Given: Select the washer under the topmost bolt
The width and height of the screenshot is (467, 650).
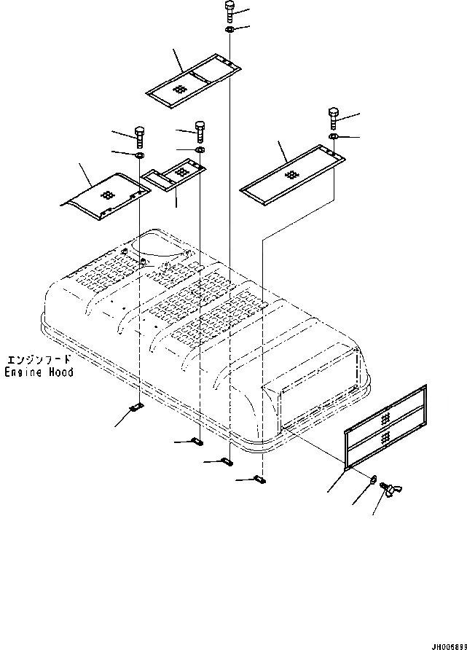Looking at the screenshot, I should point(229,30).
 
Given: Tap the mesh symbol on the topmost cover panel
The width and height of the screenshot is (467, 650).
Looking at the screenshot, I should point(181,87).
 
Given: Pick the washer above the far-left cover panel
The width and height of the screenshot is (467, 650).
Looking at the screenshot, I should point(138,155).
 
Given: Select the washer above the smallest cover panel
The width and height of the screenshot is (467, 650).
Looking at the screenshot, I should point(200,150).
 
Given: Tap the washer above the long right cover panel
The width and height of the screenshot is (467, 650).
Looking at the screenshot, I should point(333,136).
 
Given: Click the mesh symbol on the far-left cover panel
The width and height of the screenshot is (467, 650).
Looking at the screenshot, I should point(107,196).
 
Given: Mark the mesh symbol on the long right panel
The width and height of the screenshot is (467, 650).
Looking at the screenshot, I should point(291,175).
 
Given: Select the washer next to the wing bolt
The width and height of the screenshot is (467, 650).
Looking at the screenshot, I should point(372,480).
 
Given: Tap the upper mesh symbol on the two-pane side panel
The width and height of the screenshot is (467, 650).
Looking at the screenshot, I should point(385,415).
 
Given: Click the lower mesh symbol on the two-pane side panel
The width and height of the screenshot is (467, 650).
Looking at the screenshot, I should point(385,436).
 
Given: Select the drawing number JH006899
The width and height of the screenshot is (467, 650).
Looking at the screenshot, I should point(440,644).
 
